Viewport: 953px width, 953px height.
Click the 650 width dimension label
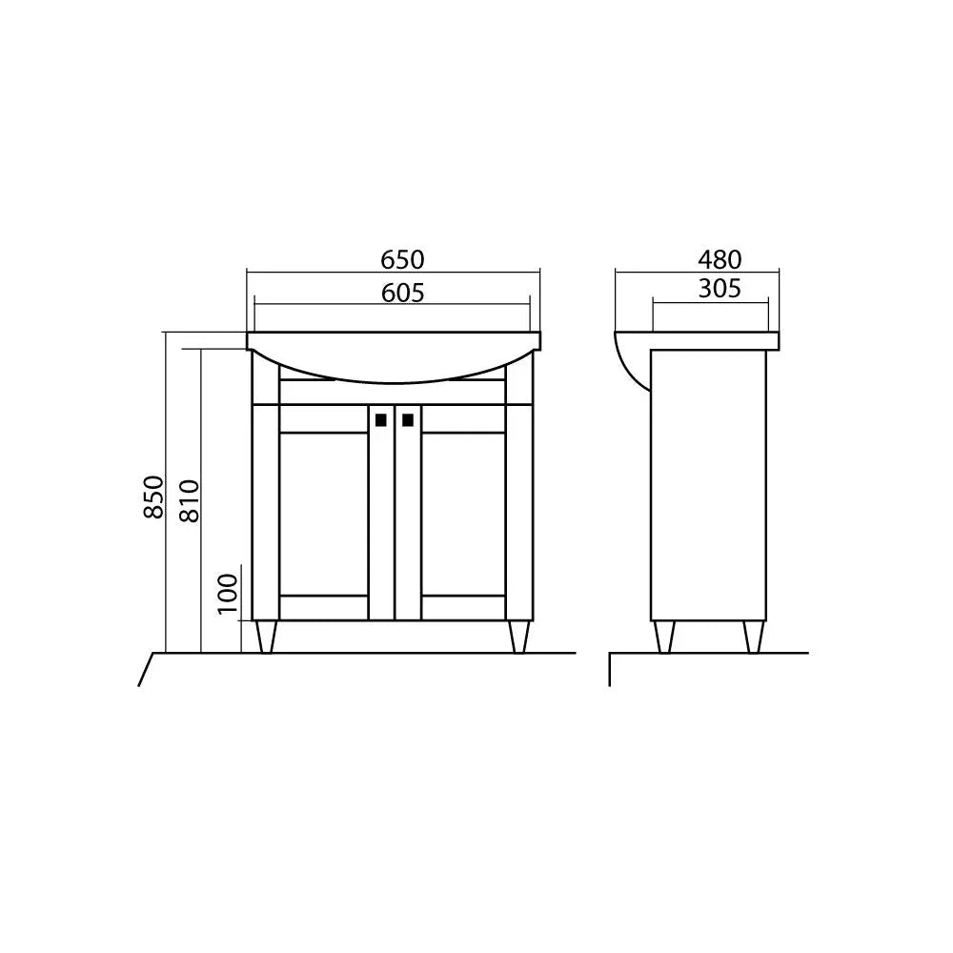click(402, 260)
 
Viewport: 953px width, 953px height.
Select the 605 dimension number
click(402, 294)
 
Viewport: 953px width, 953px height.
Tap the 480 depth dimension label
click(720, 260)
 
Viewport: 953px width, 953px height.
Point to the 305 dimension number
click(720, 289)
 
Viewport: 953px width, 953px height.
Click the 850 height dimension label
click(153, 497)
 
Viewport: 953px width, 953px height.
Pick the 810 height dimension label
click(189, 501)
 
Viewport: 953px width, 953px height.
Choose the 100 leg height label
click(228, 594)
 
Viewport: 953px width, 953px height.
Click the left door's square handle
click(381, 420)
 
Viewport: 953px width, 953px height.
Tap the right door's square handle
click(408, 420)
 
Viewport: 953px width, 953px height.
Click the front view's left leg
click(266, 637)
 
